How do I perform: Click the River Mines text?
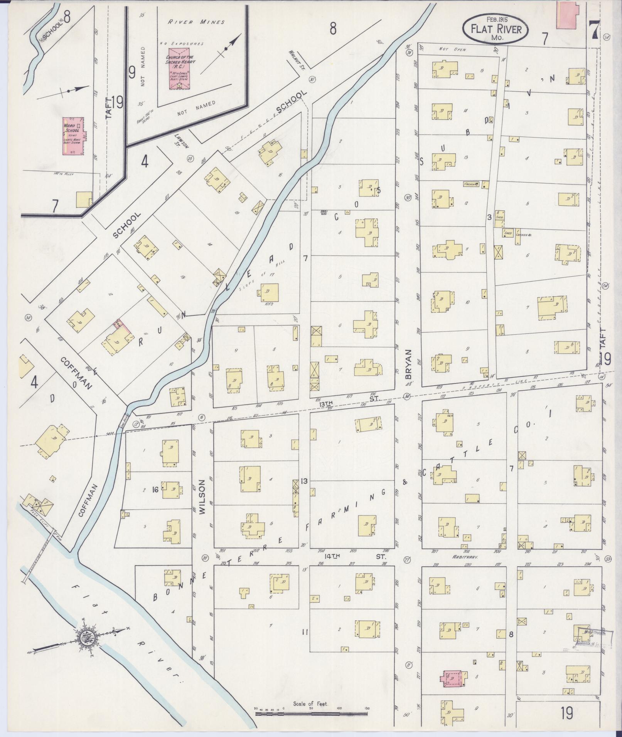pos(196,22)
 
